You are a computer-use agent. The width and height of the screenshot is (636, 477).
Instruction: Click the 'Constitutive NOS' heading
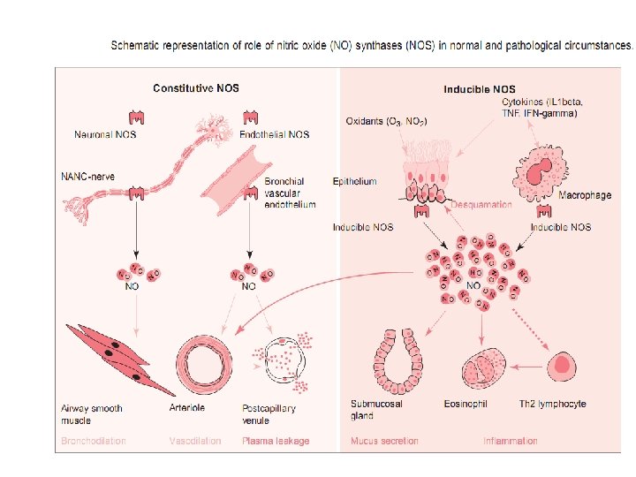195,88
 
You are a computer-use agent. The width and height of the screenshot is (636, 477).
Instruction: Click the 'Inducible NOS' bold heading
479,89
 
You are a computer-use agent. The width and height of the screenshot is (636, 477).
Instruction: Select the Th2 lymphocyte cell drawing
561,364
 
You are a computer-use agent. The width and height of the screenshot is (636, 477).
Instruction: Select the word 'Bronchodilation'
93,441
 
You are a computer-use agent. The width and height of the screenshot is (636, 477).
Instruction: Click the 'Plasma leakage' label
276,441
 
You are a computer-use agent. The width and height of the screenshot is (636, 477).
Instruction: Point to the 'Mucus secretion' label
384,441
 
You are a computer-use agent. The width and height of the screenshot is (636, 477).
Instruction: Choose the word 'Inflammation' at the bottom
510,441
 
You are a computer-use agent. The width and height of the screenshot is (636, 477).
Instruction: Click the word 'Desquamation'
481,204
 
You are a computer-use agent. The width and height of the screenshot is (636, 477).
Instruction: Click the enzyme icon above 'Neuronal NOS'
137,117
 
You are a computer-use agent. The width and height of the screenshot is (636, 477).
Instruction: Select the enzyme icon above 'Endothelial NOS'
250,117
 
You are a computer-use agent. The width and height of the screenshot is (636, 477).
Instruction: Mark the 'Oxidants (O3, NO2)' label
386,121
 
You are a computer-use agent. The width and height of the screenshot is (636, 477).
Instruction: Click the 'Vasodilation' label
195,441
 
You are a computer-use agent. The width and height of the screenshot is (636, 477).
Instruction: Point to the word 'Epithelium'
354,181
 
